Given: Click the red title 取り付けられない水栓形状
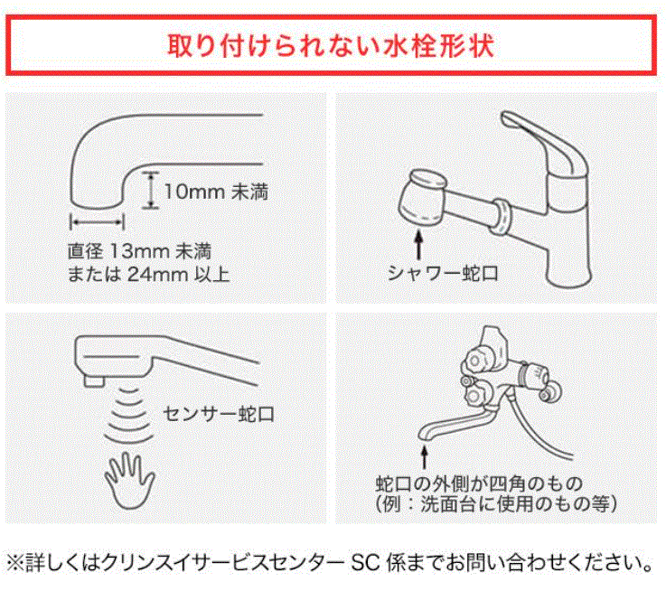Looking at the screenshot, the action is [331, 45].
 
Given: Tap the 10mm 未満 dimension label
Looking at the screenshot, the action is [216, 192].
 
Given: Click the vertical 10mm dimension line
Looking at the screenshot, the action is [150, 190].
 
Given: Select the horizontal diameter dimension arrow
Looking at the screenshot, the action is [98, 221].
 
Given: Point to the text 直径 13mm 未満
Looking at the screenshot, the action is [139, 251].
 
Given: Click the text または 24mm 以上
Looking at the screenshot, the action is [149, 274].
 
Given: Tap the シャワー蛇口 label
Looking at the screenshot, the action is [443, 273].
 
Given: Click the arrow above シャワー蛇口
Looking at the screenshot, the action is [418, 244].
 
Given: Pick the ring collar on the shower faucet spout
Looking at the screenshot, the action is [502, 217].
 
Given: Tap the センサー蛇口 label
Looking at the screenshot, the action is [219, 413].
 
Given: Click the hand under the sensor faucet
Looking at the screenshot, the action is [129, 480].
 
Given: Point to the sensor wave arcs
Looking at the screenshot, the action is [128, 413].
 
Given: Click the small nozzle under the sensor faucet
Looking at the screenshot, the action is [94, 380].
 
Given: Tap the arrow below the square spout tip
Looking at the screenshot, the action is [424, 457].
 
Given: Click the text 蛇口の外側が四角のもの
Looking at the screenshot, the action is [479, 483].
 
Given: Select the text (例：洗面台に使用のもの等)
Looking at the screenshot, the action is [496, 504].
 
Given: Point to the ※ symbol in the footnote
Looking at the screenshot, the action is [15, 562].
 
